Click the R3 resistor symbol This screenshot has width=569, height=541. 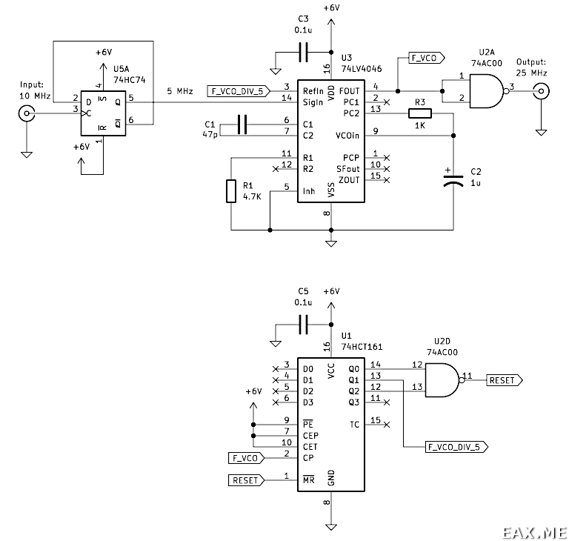pos(420,113)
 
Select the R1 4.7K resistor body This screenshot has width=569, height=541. pos(231,191)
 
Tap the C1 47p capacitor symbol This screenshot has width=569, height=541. pos(242,125)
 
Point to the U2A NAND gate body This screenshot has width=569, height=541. pos(487,91)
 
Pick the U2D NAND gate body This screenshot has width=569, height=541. pos(443,380)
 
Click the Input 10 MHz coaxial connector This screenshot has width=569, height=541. pos(27,113)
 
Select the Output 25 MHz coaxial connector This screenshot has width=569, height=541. pos(541,91)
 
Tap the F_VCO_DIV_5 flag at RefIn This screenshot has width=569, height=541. pos(239,91)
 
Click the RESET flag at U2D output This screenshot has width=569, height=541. pos(505,380)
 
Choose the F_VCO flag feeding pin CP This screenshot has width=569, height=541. pos(247,458)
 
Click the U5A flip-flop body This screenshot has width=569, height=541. pos(104,113)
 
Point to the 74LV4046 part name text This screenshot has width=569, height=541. pos(362,69)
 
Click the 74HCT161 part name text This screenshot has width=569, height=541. pos(362,347)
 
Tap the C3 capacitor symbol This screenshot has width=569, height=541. pos(303,53)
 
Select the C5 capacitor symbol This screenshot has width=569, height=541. pos(303,325)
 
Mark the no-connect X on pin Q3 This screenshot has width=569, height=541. pos(387,402)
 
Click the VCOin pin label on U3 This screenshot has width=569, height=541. pos(347,136)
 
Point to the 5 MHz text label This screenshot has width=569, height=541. pos(180,91)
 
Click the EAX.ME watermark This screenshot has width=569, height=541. pos(534,533)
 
